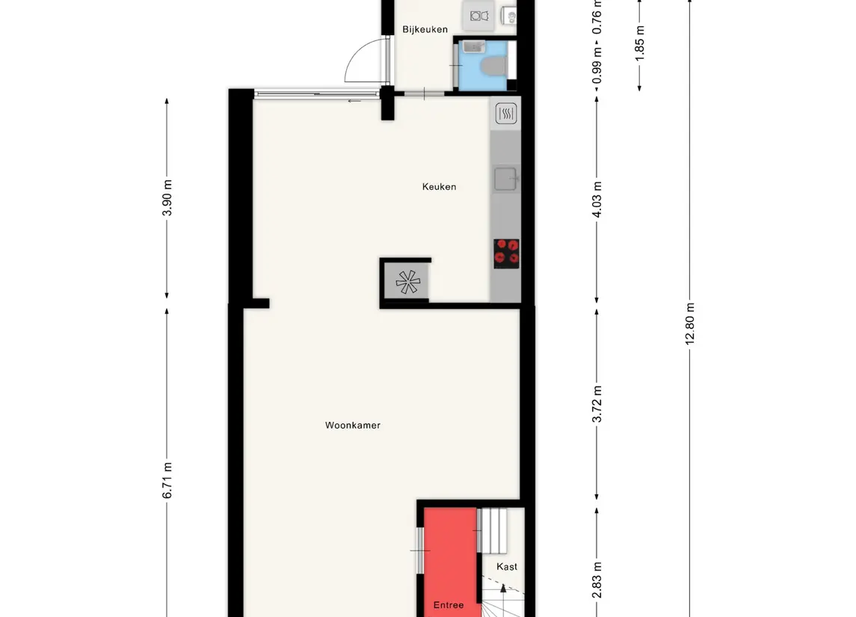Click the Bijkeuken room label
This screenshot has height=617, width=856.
(425, 30)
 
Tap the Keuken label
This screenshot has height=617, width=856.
(439, 187)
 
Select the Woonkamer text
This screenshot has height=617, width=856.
(352, 426)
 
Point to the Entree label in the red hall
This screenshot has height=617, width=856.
(449, 605)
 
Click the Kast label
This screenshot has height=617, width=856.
(507, 567)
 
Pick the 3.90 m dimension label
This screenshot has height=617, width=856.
(167, 198)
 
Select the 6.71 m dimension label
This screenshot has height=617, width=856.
(167, 480)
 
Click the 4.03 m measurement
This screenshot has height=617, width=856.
(597, 200)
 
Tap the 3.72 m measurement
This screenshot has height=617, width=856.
(597, 405)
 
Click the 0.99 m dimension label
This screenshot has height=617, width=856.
(597, 67)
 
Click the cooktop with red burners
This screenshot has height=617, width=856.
(506, 252)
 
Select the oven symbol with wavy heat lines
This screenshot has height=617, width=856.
(506, 114)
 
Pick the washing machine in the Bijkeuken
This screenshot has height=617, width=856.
(478, 13)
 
